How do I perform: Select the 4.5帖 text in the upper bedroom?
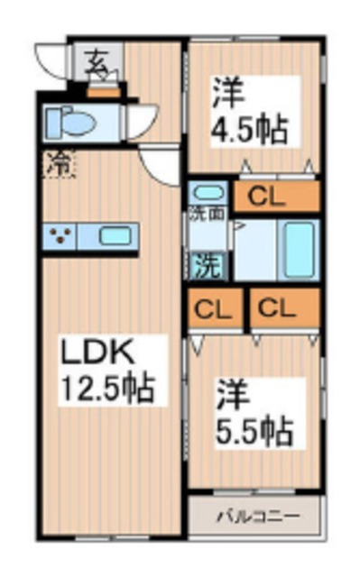click(250, 129)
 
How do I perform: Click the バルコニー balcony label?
click(255, 517)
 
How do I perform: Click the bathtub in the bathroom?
click(300, 244)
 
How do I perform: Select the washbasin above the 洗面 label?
click(209, 193)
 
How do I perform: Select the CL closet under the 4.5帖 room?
click(276, 197)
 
